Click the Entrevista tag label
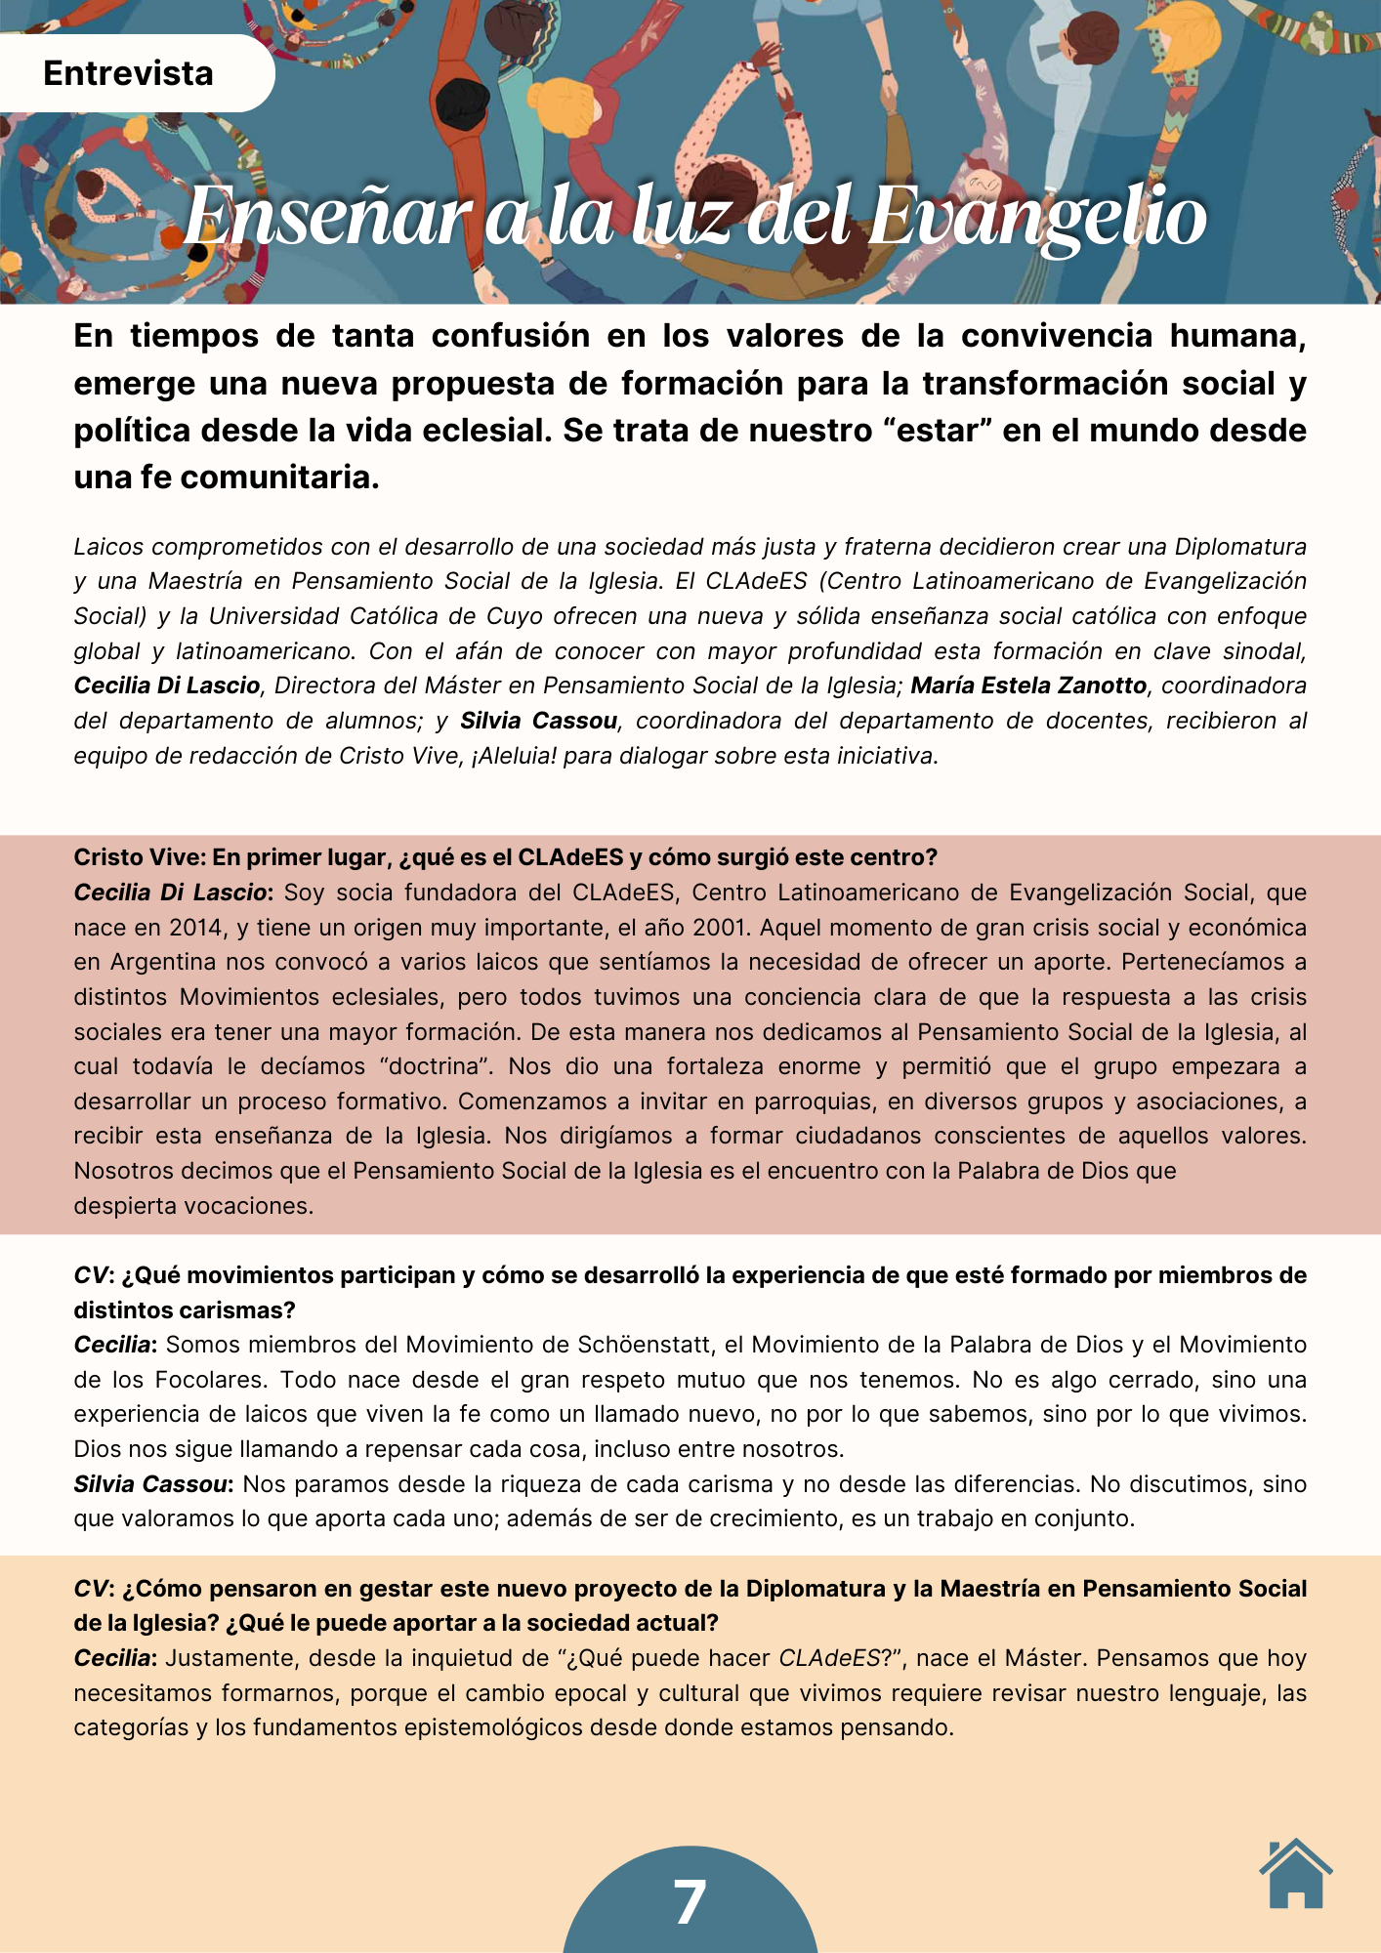(128, 73)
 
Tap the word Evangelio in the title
(1037, 217)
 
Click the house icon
(1295, 1875)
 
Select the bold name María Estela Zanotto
(1028, 686)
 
